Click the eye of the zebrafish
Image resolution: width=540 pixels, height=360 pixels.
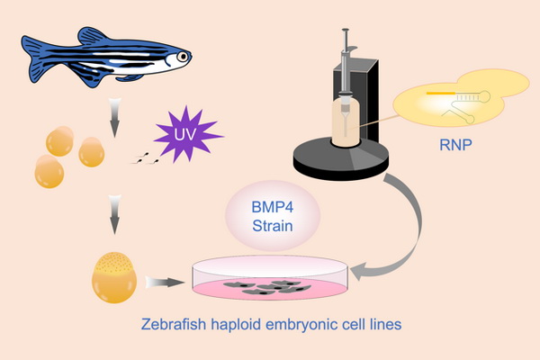tap(183, 57)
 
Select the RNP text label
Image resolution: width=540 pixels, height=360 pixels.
tap(459, 143)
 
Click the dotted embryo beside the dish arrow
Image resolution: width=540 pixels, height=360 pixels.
tap(114, 277)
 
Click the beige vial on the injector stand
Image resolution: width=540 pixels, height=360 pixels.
tap(344, 121)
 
